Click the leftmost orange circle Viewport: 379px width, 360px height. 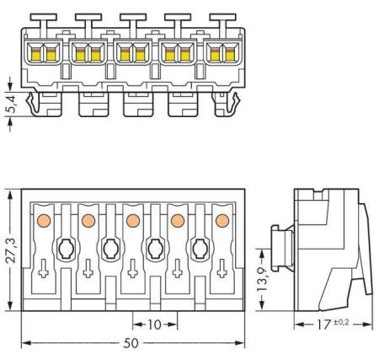(43, 220)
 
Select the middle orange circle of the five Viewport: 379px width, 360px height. (132, 220)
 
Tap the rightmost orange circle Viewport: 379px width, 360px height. (222, 220)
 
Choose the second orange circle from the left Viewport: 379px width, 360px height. (88, 220)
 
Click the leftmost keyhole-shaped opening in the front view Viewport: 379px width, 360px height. (65, 249)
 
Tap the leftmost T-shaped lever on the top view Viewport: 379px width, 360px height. (43, 19)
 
